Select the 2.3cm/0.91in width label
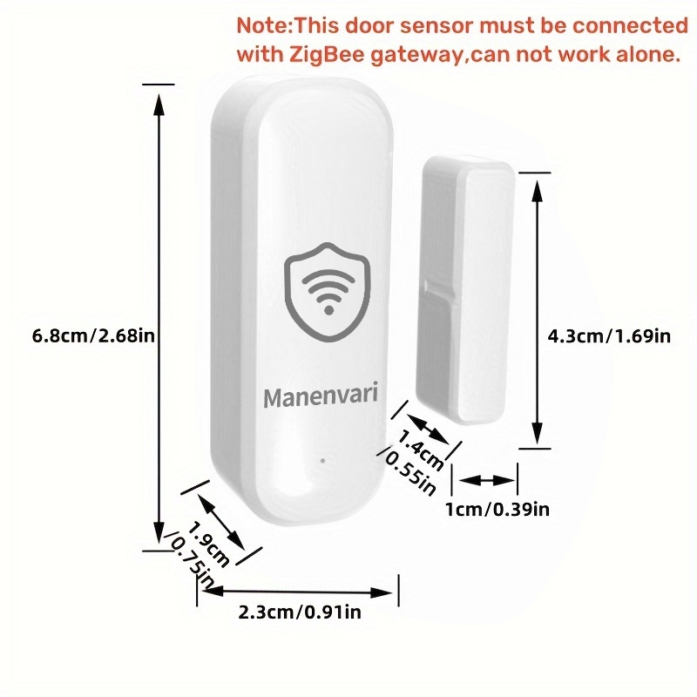coord(299,612)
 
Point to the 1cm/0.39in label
coord(497,509)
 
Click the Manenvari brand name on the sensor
coord(321,397)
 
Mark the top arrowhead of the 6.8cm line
coord(158,101)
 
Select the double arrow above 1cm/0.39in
coord(488,480)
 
